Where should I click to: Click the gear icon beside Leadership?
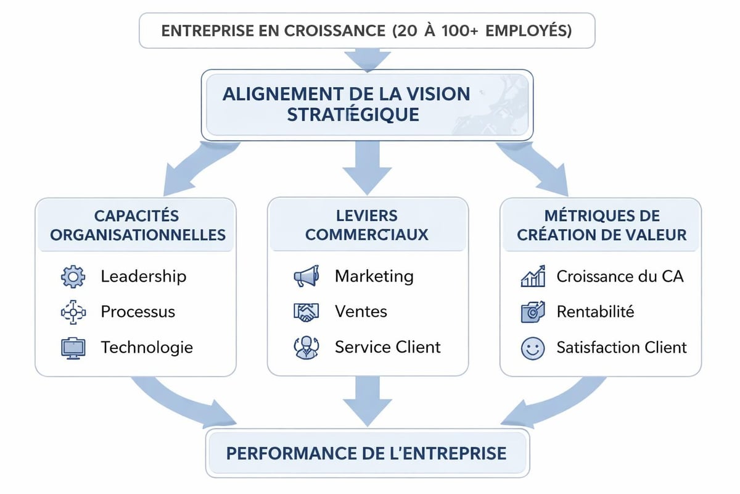pos(73,276)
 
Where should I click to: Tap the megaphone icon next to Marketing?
pos(306,276)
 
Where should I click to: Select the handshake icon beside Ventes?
pos(306,312)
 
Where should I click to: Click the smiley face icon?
pos(532,348)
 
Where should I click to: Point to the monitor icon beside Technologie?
pos(73,348)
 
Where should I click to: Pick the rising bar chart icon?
pos(533,276)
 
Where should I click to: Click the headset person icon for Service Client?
pos(306,348)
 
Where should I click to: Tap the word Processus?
pos(138,312)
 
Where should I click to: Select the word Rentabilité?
pos(595,312)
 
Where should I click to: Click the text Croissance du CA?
pos(620,276)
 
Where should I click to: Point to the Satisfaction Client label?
pos(622,348)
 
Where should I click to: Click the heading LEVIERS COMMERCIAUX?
pos(367,225)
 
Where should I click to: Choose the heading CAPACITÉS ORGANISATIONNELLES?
pos(137,225)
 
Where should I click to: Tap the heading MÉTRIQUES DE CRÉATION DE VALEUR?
pos(601,225)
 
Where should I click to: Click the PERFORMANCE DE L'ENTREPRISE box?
pos(367,454)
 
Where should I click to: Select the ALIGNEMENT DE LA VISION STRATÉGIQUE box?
pos(367,104)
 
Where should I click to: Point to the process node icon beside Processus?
pos(73,312)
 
